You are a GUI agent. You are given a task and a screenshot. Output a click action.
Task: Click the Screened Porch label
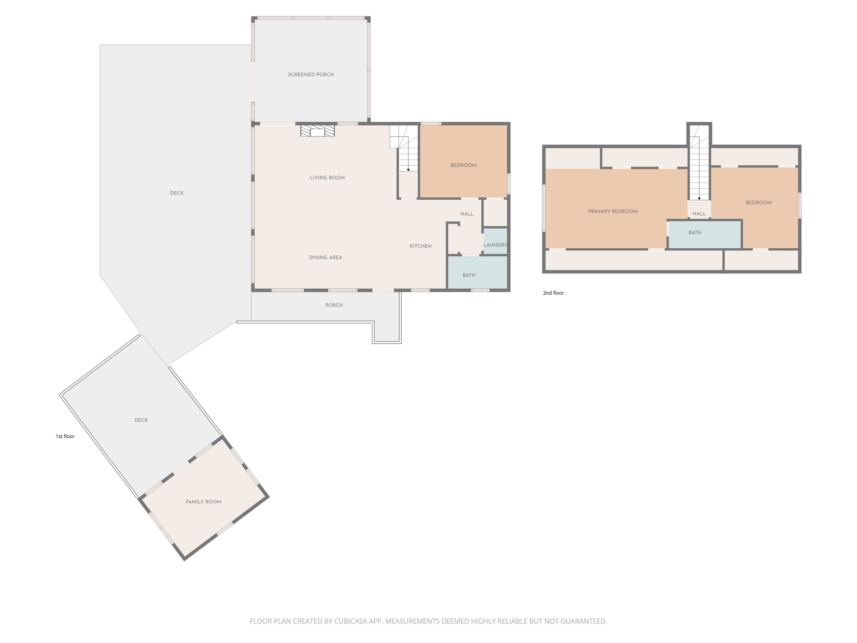[310, 75]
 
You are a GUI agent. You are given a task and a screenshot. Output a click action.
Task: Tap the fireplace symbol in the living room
[318, 131]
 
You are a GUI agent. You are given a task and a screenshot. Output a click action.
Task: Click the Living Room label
[327, 178]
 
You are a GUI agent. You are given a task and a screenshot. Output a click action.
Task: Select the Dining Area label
[325, 257]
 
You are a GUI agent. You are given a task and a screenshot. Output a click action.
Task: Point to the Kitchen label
[420, 246]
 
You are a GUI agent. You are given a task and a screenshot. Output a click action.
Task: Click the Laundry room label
[495, 245]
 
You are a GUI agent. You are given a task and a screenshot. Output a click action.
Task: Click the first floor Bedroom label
[463, 165]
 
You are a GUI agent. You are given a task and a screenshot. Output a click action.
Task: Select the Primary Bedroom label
[613, 211]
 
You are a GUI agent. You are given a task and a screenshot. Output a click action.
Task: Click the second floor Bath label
[695, 233]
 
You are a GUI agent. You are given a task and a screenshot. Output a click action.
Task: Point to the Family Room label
[203, 502]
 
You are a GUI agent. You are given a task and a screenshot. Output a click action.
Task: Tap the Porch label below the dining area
[334, 305]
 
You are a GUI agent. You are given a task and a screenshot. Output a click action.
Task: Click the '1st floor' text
[65, 436]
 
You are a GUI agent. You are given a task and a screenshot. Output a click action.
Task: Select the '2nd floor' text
[553, 293]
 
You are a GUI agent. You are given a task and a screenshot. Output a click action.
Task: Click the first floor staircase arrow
[408, 169]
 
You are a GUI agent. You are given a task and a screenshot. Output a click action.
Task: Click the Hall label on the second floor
[699, 213]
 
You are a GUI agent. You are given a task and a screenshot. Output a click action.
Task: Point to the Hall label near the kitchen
[467, 214]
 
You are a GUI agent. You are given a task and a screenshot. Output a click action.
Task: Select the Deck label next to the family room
[141, 420]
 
